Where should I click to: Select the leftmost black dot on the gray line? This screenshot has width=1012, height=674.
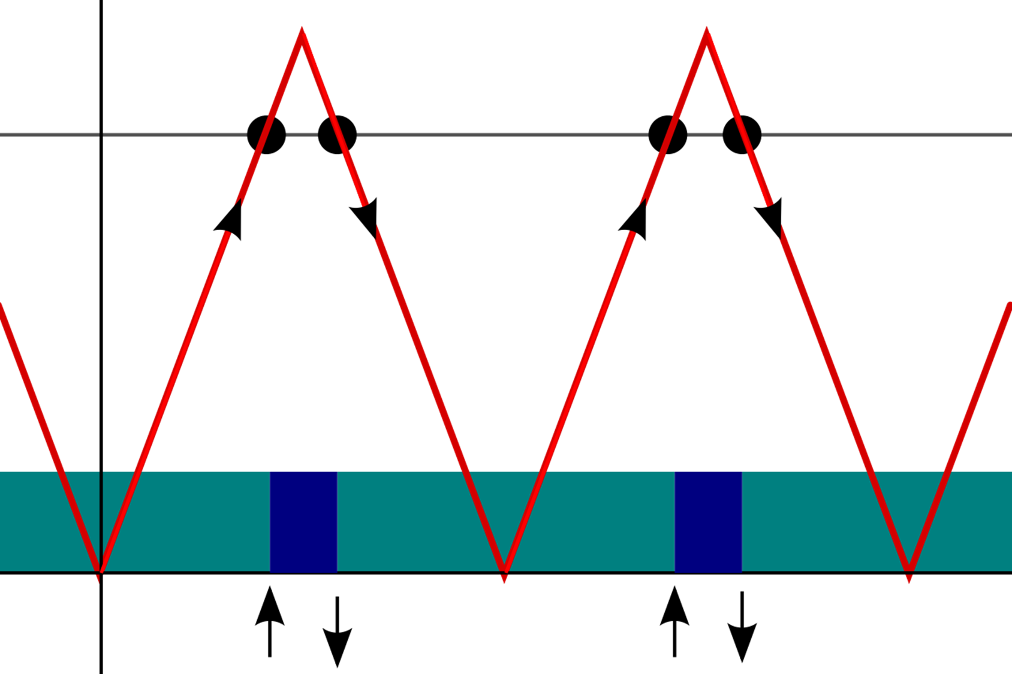pos(266,135)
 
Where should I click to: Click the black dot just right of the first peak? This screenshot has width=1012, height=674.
pos(338,135)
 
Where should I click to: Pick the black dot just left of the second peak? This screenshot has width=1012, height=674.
pos(668,135)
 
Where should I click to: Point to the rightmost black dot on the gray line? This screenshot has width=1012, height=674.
pos(742,135)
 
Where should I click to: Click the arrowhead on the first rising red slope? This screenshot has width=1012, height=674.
pos(231,219)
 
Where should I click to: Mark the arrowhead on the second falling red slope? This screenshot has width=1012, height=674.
pos(770,217)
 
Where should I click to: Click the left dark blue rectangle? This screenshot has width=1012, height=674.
pos(303,522)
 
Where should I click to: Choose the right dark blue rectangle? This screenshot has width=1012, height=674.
pos(708,522)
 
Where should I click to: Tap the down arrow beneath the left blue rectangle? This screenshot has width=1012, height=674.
pos(338,631)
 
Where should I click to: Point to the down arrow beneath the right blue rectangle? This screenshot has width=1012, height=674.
pos(742,628)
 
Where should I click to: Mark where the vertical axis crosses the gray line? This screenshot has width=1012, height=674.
pos(101,135)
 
